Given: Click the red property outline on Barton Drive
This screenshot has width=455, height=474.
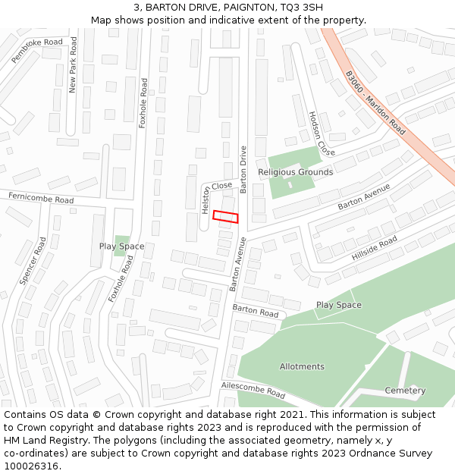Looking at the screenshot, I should (x=225, y=216).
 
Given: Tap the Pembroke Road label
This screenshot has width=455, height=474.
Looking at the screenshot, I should (x=36, y=50).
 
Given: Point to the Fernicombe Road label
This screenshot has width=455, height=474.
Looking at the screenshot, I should (x=41, y=199).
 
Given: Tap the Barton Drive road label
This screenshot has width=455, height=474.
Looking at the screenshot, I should (x=243, y=169).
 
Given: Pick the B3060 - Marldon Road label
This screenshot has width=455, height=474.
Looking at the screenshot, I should (x=375, y=103).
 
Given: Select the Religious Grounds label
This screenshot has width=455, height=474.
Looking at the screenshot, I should (x=295, y=172).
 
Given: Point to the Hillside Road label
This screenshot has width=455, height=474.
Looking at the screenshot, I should (x=374, y=249).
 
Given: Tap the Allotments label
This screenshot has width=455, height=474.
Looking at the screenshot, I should (x=302, y=366).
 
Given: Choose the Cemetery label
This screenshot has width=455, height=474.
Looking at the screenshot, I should (x=405, y=391).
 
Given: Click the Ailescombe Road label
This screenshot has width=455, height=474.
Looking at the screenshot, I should (x=253, y=390).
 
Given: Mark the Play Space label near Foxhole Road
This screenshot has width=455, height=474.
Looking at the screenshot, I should (x=121, y=246).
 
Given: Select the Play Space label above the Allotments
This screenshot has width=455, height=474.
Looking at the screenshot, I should (x=338, y=305).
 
